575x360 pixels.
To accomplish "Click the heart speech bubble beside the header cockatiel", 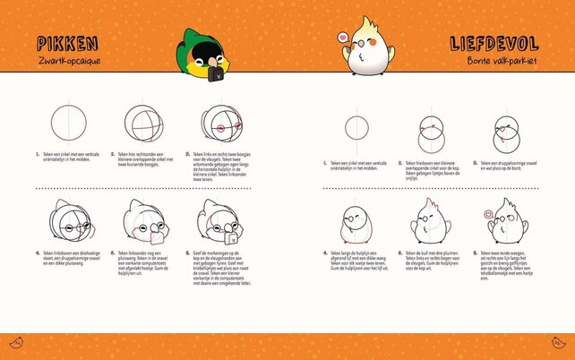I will (x=341, y=38).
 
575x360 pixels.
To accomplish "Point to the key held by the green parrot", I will (x=213, y=75).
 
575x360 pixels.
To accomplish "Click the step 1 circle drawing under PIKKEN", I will (x=66, y=123).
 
